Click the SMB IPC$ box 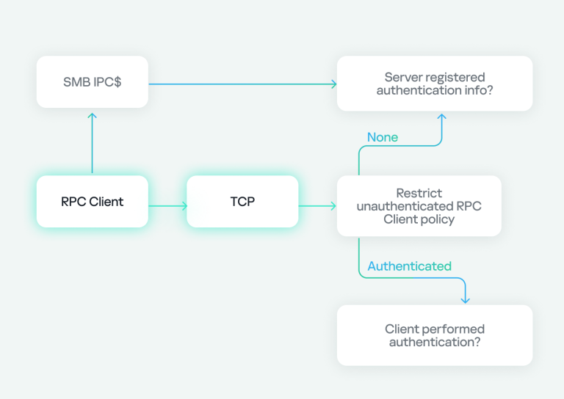pyautogui.click(x=93, y=82)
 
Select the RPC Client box pyautogui.click(x=93, y=202)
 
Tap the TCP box pyautogui.click(x=242, y=202)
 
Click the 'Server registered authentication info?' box pyautogui.click(x=435, y=84)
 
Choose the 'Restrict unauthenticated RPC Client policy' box pyautogui.click(x=419, y=206)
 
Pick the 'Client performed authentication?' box pyautogui.click(x=435, y=335)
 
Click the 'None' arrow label pyautogui.click(x=383, y=137)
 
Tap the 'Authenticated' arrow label pyautogui.click(x=409, y=266)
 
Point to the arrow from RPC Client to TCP pyautogui.click(x=167, y=206)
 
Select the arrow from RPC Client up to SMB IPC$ pyautogui.click(x=93, y=143)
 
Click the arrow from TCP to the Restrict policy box pyautogui.click(x=317, y=206)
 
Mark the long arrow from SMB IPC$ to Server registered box pyautogui.click(x=242, y=84)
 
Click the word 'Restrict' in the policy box pyautogui.click(x=419, y=193)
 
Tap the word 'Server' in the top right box pyautogui.click(x=404, y=77)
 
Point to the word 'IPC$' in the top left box pyautogui.click(x=107, y=82)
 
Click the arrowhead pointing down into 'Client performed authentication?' pyautogui.click(x=465, y=299)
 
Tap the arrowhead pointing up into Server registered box pyautogui.click(x=441, y=117)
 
